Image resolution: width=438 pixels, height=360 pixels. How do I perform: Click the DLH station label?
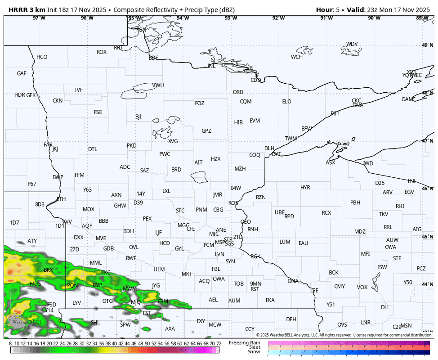tap(269, 148)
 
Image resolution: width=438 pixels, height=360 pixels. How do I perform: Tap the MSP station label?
tap(220, 242)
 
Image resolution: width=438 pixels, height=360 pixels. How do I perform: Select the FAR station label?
tap(48, 145)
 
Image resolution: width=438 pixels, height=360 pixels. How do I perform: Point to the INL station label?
tap(211, 66)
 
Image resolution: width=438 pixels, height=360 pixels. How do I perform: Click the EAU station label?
tap(303, 243)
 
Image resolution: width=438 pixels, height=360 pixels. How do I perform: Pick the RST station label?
tap(255, 289)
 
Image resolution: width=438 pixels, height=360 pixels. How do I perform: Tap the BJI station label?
tap(139, 117)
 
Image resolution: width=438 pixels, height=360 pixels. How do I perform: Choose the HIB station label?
tap(238, 122)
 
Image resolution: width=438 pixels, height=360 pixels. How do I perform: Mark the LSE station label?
tap(314, 291)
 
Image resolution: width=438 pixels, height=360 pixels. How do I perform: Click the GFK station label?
tap(31, 95)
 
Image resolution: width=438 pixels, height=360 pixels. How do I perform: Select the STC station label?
tap(180, 211)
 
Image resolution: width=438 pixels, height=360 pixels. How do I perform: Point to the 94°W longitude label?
tap(182, 18)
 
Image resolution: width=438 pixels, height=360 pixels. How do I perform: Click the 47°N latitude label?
tap(428, 141)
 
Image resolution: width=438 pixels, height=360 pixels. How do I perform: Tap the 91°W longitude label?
tap(326, 18)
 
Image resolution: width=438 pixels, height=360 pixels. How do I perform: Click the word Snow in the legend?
tap(254, 352)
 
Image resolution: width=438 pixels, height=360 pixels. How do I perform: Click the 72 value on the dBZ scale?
tap(219, 343)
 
